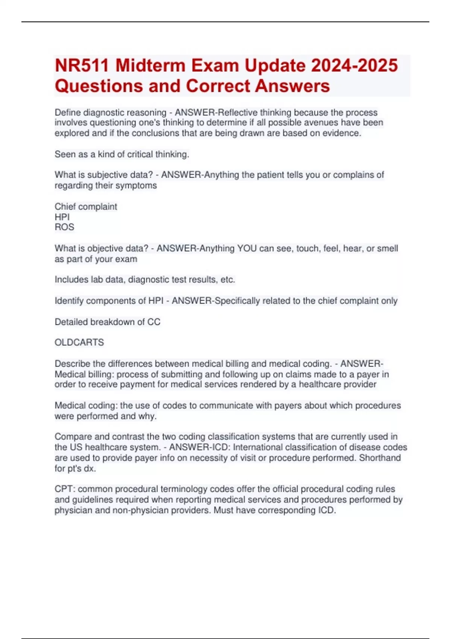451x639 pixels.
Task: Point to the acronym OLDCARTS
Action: click(x=79, y=342)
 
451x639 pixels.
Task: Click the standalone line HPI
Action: click(x=62, y=217)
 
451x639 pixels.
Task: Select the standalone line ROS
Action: click(x=64, y=227)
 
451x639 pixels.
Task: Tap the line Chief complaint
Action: click(x=86, y=206)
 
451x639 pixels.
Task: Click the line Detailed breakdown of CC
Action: click(x=107, y=322)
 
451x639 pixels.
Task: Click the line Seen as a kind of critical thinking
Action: click(x=122, y=154)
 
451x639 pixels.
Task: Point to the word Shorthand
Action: click(x=380, y=458)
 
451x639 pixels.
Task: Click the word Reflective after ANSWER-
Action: click(x=238, y=112)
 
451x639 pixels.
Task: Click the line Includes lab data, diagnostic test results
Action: click(x=145, y=280)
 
